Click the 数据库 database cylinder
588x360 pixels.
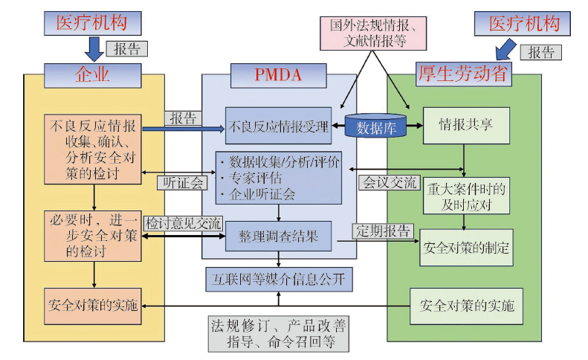click(375, 126)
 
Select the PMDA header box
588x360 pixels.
click(278, 75)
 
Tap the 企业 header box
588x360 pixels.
click(93, 75)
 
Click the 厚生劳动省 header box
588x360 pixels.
click(464, 74)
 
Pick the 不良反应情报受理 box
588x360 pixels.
click(278, 126)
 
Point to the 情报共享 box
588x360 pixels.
click(466, 126)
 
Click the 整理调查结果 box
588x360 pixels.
click(278, 236)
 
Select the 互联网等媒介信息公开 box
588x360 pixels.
click(279, 279)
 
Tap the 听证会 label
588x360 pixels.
click(182, 183)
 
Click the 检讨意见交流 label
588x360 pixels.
click(184, 224)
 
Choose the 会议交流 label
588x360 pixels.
click(390, 183)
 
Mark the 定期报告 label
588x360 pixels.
click(383, 231)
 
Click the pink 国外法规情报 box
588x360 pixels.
click(373, 33)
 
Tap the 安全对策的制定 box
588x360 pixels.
click(466, 248)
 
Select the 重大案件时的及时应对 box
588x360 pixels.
click(466, 196)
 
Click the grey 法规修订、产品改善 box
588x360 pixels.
click(279, 334)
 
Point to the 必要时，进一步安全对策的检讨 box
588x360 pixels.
click(93, 236)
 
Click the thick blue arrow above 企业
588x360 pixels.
click(94, 49)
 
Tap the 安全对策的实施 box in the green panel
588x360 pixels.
click(466, 306)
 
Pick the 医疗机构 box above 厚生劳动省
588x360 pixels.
click(523, 24)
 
